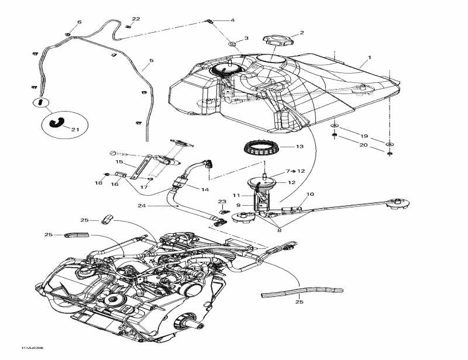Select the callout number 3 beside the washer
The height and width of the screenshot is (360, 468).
(x=246, y=38)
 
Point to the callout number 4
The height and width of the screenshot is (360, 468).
(x=232, y=20)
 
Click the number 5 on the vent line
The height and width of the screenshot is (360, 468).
(x=151, y=60)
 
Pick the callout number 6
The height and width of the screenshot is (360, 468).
(x=80, y=22)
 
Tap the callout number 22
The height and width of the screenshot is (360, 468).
(x=136, y=19)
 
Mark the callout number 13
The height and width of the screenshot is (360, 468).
(x=300, y=146)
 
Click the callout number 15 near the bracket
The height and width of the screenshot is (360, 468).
(x=119, y=162)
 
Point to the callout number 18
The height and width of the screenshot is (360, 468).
(x=99, y=183)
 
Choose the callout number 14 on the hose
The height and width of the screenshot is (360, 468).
(x=205, y=189)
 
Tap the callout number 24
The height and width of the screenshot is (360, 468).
(x=142, y=206)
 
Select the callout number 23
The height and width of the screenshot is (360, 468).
(x=223, y=201)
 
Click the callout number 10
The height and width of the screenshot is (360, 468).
(x=310, y=194)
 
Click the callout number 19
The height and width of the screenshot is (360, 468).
(x=364, y=135)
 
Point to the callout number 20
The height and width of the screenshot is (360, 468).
(x=364, y=145)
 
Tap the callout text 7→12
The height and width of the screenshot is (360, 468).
(x=295, y=171)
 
